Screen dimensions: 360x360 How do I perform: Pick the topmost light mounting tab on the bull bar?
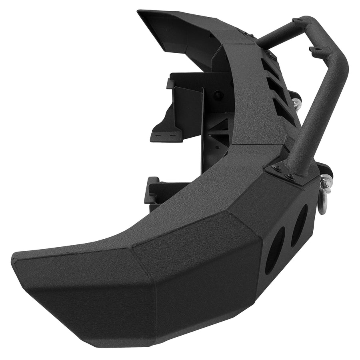click(x=299, y=20)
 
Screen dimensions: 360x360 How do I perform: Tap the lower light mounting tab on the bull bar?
click(x=316, y=49)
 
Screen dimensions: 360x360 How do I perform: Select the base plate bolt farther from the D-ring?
click(x=276, y=168)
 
